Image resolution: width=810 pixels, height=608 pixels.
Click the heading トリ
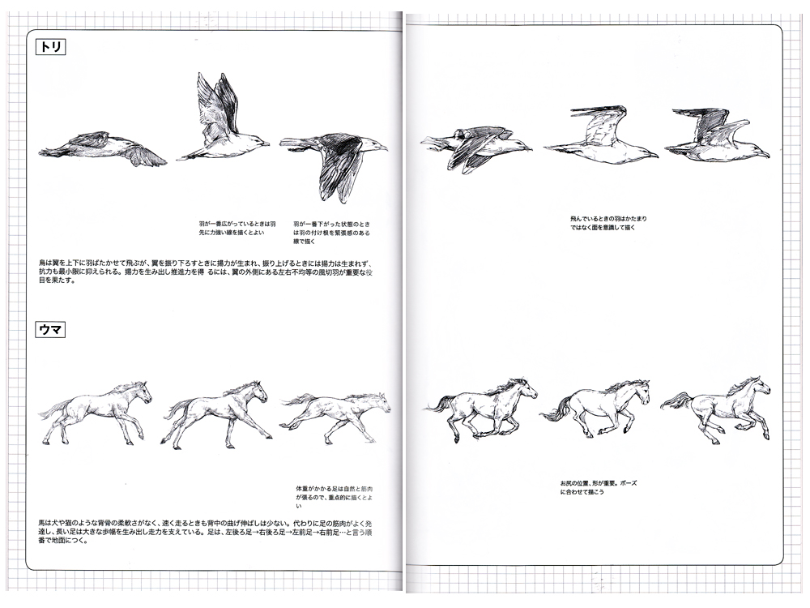click(x=51, y=47)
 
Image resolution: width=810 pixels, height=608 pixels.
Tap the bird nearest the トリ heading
click(x=104, y=148)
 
